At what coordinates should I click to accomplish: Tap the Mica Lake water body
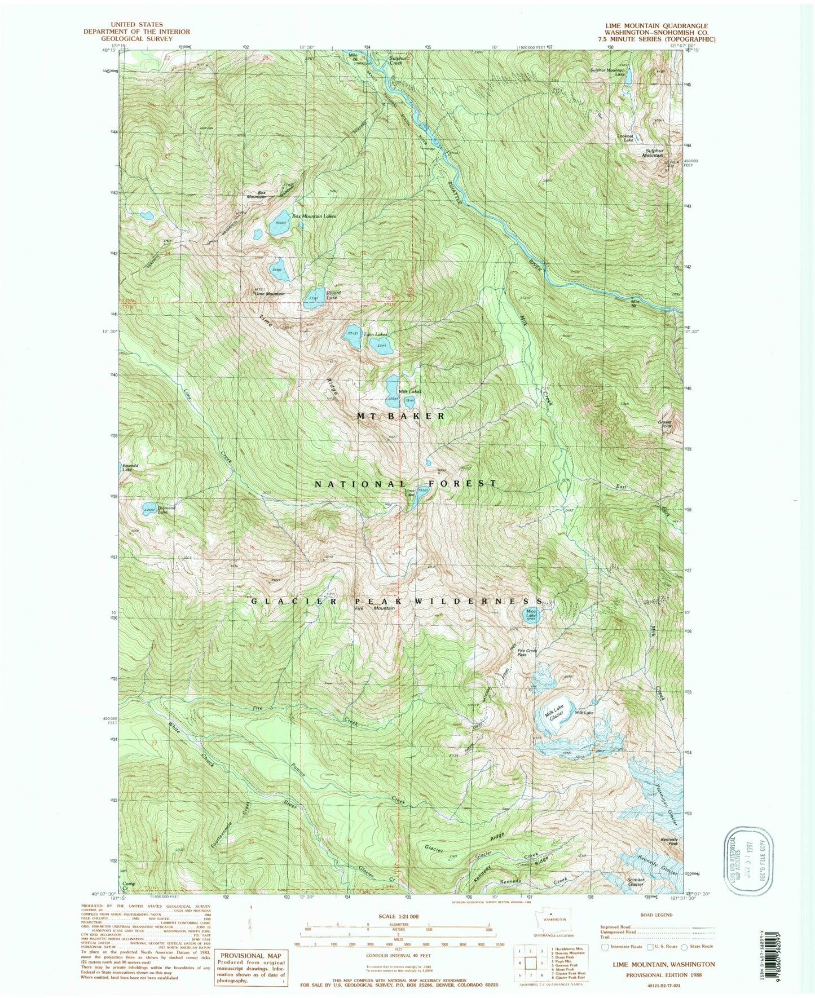[531, 616]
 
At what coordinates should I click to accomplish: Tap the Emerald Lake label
[127, 467]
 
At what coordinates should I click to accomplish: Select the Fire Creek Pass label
[527, 652]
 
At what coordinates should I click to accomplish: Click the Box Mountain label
[257, 195]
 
